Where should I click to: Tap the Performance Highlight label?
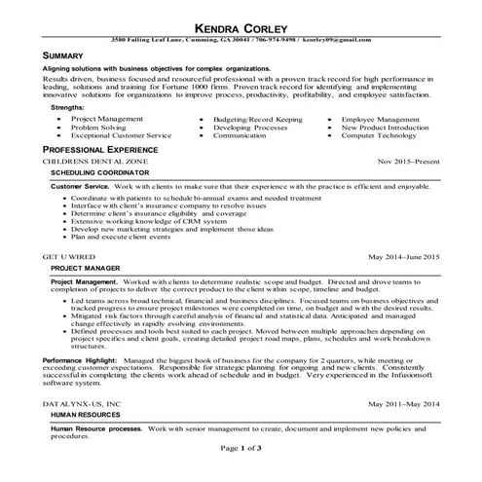[x=81, y=359]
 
